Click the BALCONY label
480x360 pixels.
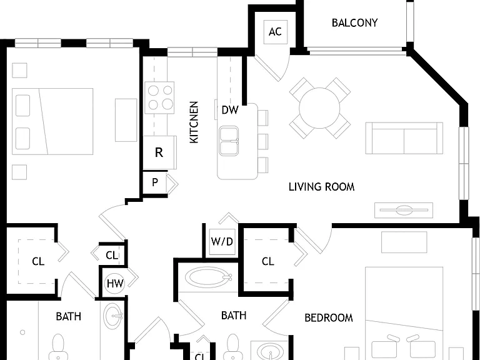click(x=354, y=22)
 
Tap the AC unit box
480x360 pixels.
click(x=276, y=32)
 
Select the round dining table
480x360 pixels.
click(x=319, y=107)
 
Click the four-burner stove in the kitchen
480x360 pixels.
click(x=159, y=97)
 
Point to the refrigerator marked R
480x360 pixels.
click(x=159, y=152)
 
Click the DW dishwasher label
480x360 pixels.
click(x=229, y=110)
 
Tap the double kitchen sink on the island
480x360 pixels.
click(x=229, y=141)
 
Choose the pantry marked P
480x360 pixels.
click(x=155, y=182)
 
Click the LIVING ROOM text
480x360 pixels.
click(x=321, y=187)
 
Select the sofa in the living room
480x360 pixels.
click(x=404, y=138)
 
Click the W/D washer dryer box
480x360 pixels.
click(x=222, y=241)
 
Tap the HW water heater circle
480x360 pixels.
click(x=115, y=284)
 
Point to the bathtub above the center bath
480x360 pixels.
click(x=208, y=277)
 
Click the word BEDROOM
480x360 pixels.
click(x=329, y=317)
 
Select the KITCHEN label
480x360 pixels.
click(x=194, y=122)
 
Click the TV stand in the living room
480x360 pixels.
click(x=404, y=210)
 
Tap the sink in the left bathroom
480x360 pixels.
click(x=112, y=316)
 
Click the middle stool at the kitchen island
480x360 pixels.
click(x=262, y=141)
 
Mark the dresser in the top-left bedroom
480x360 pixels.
click(x=126, y=120)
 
